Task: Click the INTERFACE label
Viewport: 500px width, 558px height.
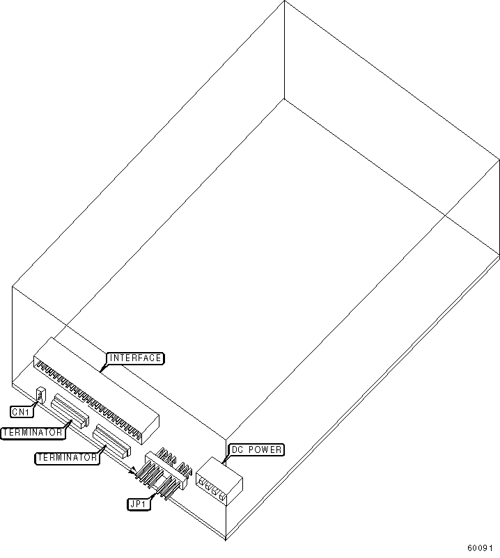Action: click(x=135, y=358)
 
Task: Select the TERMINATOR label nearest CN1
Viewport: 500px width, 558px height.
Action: click(x=33, y=433)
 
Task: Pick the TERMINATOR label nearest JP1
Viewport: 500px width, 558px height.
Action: click(x=66, y=457)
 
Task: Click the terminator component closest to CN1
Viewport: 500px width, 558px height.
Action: click(x=70, y=411)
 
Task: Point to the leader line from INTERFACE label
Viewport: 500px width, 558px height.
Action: click(x=103, y=367)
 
